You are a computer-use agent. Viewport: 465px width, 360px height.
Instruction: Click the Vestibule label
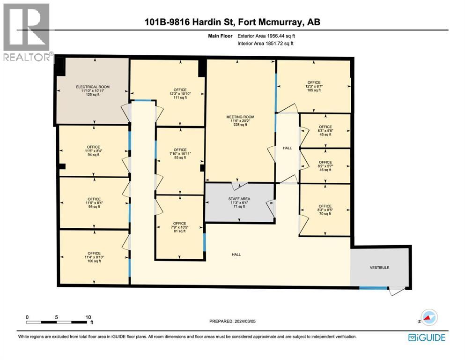click(x=379, y=268)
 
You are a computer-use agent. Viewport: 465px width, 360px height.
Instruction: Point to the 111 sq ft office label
click(x=180, y=93)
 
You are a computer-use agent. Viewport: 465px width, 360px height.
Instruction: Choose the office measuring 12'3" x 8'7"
click(x=313, y=86)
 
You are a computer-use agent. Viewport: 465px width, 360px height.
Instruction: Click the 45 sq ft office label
click(x=325, y=130)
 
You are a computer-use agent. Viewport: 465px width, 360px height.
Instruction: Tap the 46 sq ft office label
click(x=325, y=166)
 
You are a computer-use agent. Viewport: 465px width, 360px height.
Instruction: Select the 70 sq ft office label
click(x=325, y=210)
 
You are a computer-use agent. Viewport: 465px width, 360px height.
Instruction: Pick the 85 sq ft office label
click(x=180, y=154)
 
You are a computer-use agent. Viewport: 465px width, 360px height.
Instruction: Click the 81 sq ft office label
click(x=179, y=227)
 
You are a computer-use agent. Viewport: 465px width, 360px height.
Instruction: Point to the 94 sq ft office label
click(x=94, y=151)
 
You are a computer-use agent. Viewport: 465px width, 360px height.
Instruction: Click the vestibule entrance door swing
click(x=395, y=291)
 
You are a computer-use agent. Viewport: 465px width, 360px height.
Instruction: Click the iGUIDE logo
click(x=426, y=337)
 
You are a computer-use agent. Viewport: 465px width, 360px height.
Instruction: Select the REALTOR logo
click(x=27, y=33)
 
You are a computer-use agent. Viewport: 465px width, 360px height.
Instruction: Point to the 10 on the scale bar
click(x=88, y=316)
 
